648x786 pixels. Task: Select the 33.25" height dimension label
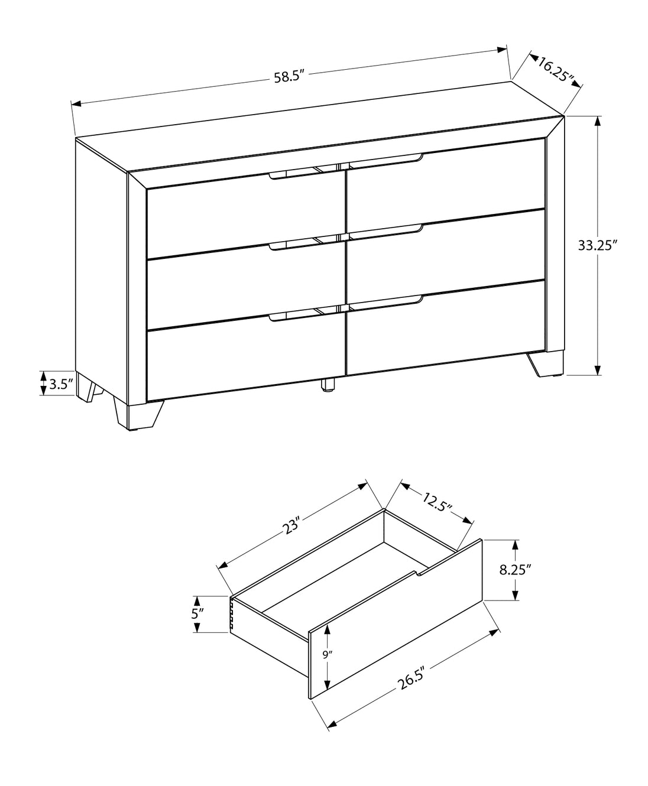point(597,245)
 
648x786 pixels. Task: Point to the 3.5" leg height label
point(61,384)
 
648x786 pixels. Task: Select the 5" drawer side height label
point(197,614)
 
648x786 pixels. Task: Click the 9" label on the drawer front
point(327,655)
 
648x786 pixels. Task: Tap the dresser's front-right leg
point(546,363)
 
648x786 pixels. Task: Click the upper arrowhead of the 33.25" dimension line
point(598,122)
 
